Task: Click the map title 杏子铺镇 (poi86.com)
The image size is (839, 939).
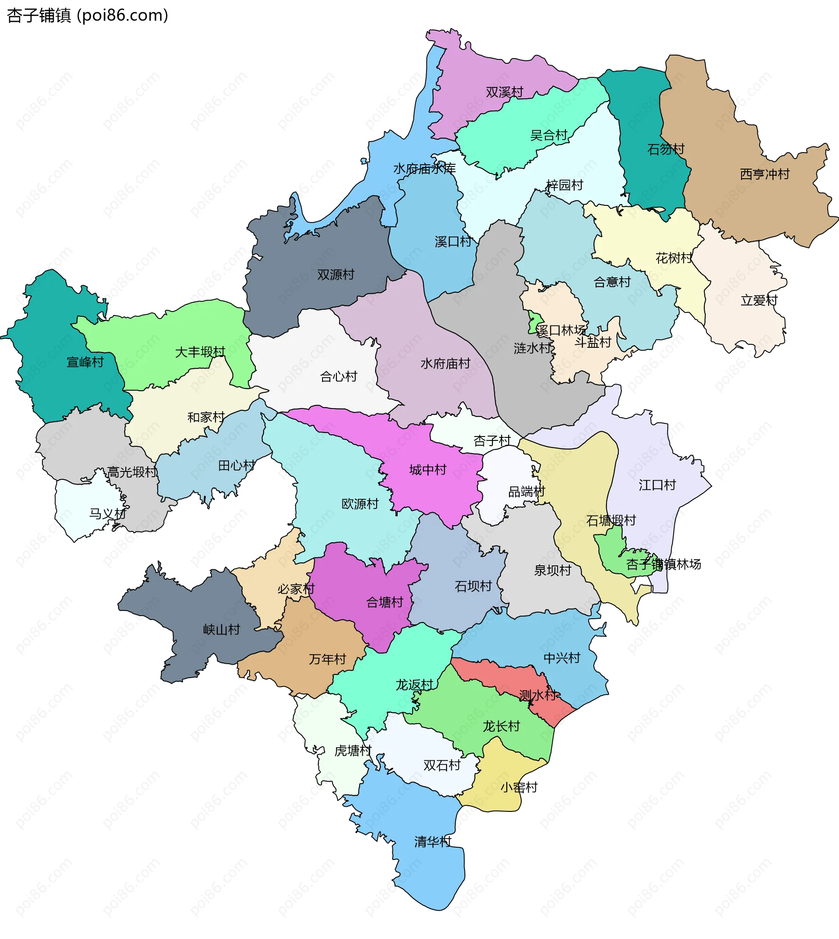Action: point(87,16)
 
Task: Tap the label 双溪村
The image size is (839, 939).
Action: point(504,92)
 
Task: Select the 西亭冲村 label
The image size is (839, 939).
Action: point(765,174)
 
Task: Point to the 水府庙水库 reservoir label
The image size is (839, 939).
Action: point(424,169)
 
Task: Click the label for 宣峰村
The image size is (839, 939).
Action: point(85,362)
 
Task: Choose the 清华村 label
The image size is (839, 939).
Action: point(433,842)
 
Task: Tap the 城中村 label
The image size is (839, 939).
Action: point(428,470)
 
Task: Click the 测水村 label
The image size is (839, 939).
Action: point(537,695)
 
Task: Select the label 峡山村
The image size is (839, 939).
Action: point(222,630)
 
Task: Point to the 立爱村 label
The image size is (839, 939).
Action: point(759,301)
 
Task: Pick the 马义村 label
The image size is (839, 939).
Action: point(107,514)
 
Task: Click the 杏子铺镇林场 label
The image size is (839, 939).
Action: point(663,564)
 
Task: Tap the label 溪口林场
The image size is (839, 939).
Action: point(561,330)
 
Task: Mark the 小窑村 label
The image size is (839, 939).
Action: point(519,787)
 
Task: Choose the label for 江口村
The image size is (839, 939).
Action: point(657,485)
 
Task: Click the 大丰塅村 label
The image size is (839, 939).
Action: point(200,352)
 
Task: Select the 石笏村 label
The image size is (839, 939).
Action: point(666,149)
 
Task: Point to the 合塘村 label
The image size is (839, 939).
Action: point(385,603)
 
